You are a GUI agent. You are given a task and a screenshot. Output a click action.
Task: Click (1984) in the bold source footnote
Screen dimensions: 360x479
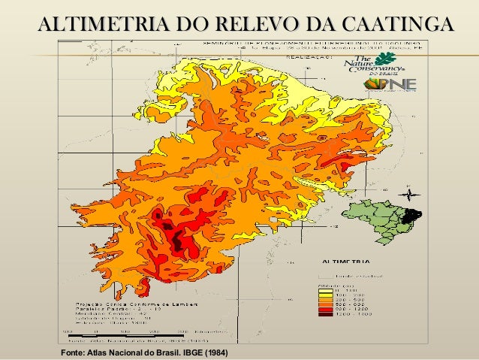pos(215,352)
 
